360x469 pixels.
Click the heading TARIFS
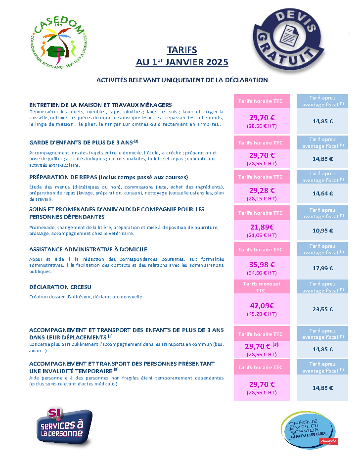[182, 50]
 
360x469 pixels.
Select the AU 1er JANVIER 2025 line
[182, 62]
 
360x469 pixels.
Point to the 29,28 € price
[262, 190]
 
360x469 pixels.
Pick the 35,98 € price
[262, 265]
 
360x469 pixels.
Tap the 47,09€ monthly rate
[262, 306]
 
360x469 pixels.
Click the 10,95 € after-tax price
[322, 231]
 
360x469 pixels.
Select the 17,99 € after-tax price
[322, 268]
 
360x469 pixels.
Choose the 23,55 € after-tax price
[322, 309]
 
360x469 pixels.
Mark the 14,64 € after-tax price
[322, 194]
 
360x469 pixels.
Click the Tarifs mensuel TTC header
[262, 287]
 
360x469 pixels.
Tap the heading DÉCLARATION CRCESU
[60, 287]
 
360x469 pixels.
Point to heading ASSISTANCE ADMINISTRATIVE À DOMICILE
[88, 249]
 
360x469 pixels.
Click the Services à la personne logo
[64, 426]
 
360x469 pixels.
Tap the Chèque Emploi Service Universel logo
[309, 430]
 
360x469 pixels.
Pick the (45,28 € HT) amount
[262, 314]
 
